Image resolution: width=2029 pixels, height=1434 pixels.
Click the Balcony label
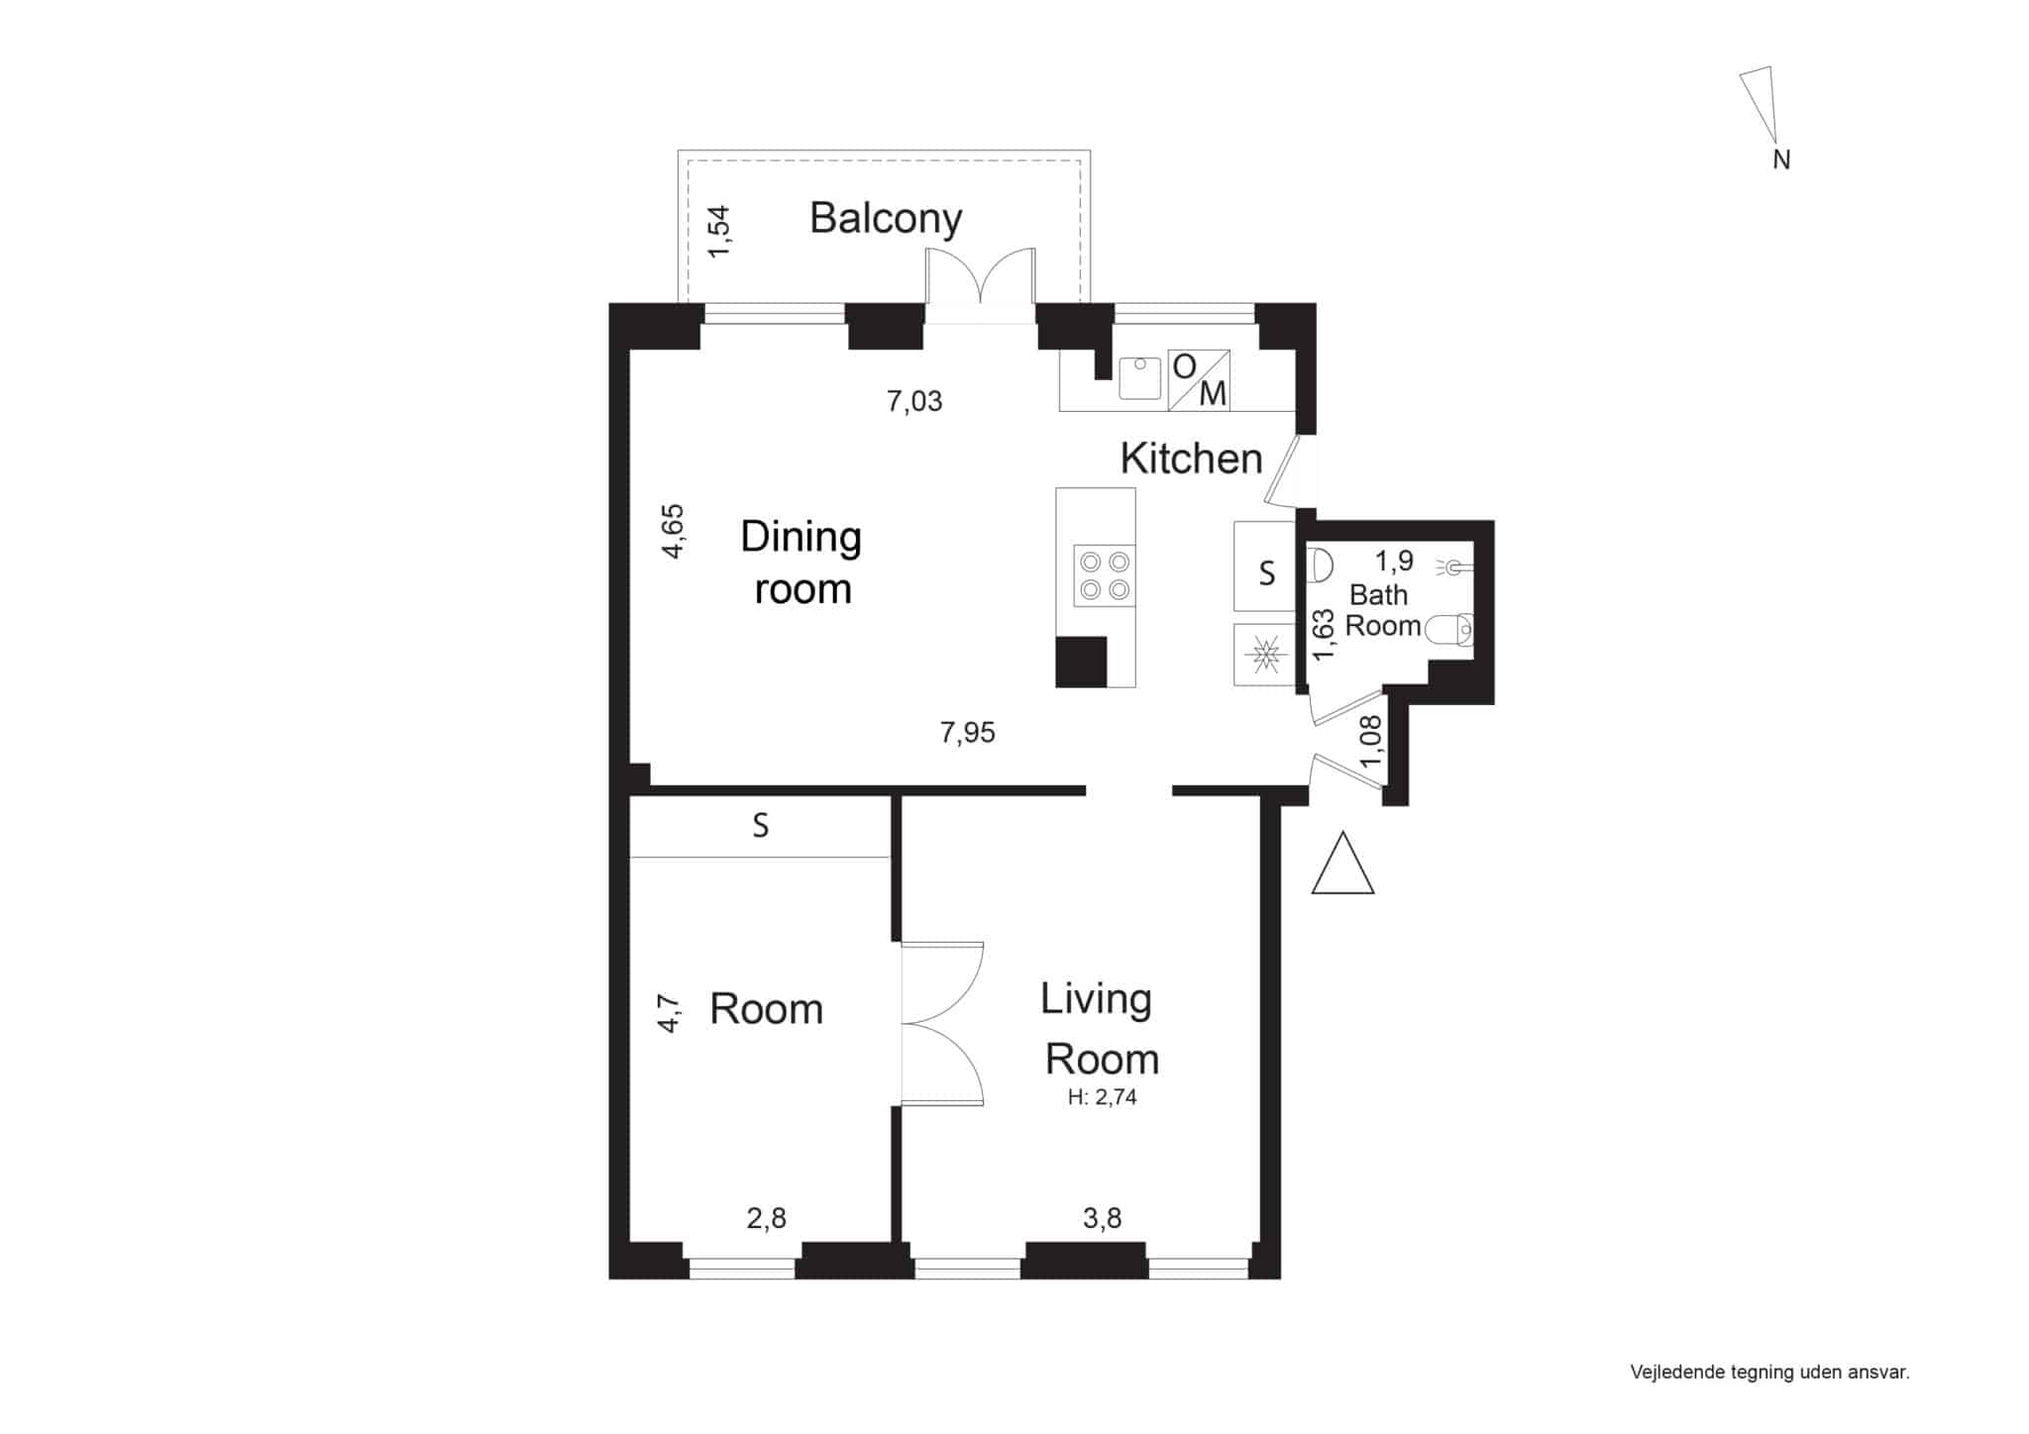click(x=886, y=219)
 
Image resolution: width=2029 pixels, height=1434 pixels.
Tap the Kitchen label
click(x=1191, y=459)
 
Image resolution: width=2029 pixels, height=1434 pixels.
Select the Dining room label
click(x=801, y=563)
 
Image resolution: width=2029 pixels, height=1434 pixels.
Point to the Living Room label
click(x=1100, y=1029)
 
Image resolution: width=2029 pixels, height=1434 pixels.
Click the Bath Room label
click(x=1382, y=610)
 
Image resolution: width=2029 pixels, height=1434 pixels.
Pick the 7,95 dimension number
click(x=967, y=733)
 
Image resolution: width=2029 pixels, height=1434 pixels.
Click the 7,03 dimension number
click(x=914, y=401)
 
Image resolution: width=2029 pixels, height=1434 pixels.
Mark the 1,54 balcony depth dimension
click(x=720, y=232)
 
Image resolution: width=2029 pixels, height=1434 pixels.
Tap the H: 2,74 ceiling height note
click(x=1102, y=1097)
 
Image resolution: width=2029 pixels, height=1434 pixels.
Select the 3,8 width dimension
click(x=1102, y=1218)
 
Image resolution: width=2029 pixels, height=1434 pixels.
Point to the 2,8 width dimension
click(x=766, y=1218)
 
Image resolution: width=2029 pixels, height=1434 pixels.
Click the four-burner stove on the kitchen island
click(x=1105, y=576)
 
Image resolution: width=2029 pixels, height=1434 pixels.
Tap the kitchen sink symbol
click(x=1139, y=378)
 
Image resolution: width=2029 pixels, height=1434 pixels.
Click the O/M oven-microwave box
click(x=1199, y=379)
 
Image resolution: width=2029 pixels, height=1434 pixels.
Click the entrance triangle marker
click(x=1342, y=864)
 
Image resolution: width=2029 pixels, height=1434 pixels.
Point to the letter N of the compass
click(x=1781, y=159)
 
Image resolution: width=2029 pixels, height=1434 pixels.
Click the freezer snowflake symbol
click(x=1264, y=655)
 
